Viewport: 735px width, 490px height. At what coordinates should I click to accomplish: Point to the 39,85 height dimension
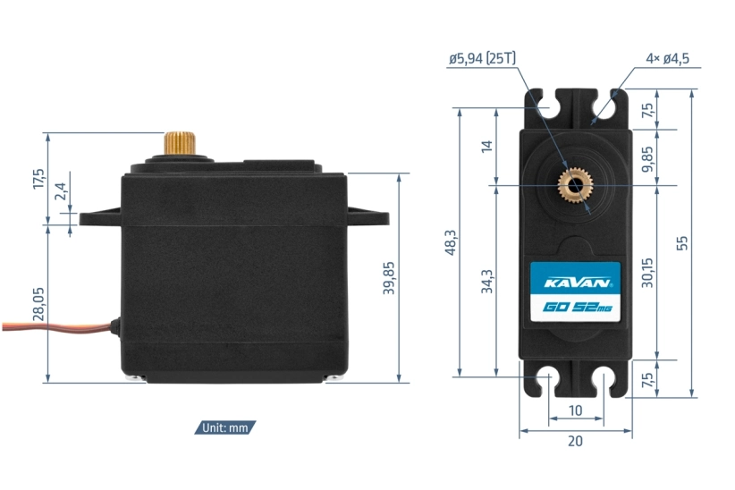[388, 278]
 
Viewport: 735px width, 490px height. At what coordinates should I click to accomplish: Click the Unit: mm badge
[225, 427]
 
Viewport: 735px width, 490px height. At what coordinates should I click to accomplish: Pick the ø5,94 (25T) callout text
[483, 60]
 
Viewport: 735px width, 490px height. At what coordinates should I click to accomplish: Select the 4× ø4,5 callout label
[667, 60]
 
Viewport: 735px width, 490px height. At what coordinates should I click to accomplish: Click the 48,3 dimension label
[450, 242]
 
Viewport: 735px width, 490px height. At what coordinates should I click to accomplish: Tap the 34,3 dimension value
[486, 281]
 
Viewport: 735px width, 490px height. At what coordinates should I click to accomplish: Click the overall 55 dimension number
[682, 242]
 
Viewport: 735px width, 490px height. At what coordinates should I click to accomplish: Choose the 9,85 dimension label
[647, 157]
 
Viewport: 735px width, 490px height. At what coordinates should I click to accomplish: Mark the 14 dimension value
[486, 147]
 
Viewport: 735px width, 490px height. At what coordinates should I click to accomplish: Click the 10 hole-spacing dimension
[575, 410]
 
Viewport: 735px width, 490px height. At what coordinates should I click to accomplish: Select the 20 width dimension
[575, 440]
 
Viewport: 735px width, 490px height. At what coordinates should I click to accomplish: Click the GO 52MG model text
[574, 308]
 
